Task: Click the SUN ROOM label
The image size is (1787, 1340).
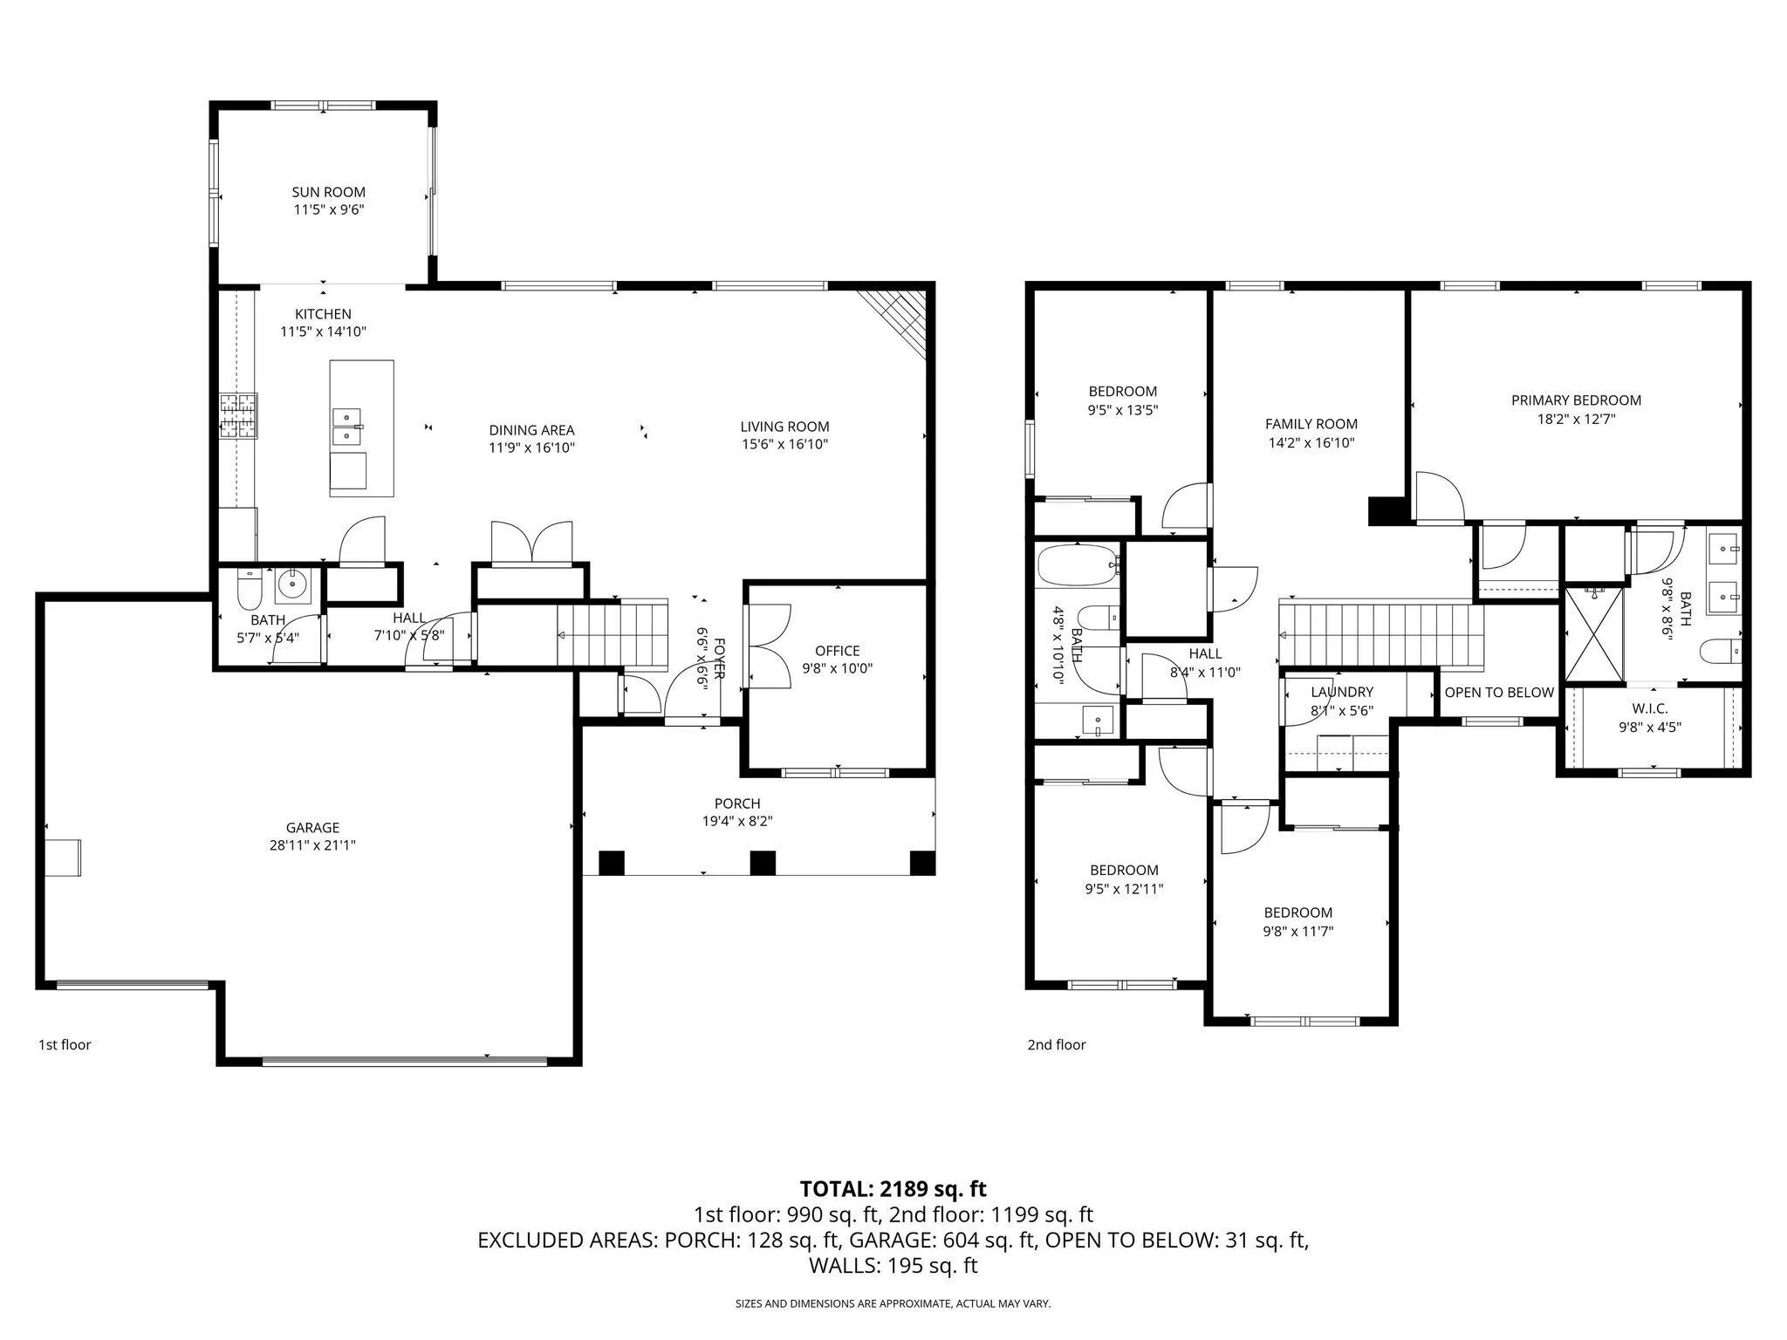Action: coord(328,192)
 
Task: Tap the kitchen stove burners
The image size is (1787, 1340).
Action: coord(238,415)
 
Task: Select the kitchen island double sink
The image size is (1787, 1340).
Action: coord(348,425)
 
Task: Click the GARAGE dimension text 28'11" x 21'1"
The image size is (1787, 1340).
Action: coord(312,845)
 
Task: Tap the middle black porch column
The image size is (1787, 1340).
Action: coord(763,863)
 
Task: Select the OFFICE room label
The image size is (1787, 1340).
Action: coord(837,651)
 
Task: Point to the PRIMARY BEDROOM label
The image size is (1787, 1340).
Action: coord(1576,400)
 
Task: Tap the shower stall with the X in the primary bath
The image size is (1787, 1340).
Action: coord(1595,634)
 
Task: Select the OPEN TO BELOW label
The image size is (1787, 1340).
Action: coord(1499,693)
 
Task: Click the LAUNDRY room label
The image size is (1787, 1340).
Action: coord(1342,693)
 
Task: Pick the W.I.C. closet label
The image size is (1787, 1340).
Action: coord(1649,708)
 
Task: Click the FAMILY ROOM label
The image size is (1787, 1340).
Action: coord(1311,424)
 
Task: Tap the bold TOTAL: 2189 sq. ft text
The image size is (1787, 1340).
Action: coord(893,1188)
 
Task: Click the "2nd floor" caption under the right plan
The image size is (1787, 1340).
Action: coord(1057,1045)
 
